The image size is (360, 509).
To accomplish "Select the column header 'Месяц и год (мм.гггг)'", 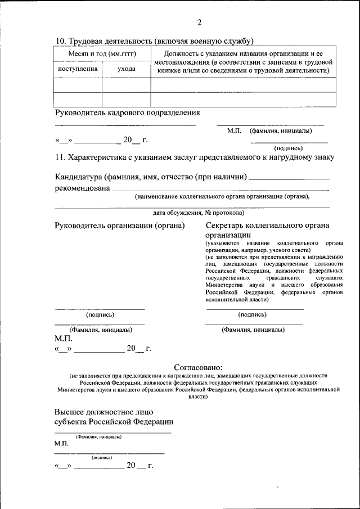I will [102, 52].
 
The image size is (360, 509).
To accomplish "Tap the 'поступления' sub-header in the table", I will [78, 69].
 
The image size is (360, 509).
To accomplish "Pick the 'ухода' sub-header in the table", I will [126, 69].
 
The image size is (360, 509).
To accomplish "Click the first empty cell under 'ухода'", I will [126, 84].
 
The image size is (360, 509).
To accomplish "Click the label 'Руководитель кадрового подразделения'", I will [127, 112].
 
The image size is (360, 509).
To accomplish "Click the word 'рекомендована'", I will [82, 188].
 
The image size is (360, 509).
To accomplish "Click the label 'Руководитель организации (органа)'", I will [120, 226].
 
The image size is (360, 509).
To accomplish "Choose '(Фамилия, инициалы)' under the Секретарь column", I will [253, 330].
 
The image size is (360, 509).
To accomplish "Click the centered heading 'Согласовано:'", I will [198, 366].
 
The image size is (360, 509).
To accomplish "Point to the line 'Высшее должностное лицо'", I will [103, 411].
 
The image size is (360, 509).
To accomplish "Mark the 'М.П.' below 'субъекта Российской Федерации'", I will [61, 444].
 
